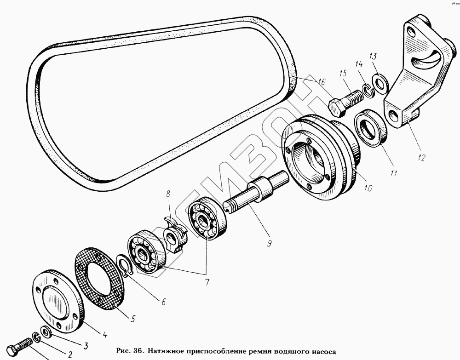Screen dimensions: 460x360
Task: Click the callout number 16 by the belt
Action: pyautogui.click(x=321, y=82)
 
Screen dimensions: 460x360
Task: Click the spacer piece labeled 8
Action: pyautogui.click(x=175, y=232)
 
